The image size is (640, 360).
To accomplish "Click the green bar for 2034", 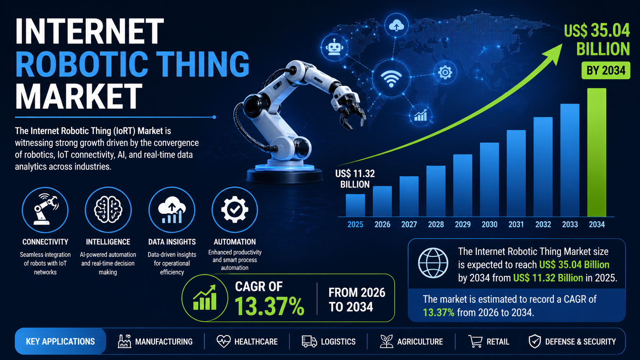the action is (597, 152).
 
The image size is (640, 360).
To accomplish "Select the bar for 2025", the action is (355, 205).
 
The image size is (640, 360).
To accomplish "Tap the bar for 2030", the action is (490, 180).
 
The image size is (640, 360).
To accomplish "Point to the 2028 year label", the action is (436, 225).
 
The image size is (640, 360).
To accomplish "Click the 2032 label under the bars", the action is (543, 225).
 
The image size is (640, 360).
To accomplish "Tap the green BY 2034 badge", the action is (606, 70).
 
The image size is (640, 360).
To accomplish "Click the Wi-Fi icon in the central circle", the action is (391, 78).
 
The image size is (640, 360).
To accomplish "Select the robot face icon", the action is (334, 47).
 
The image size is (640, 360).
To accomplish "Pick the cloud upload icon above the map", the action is (396, 25).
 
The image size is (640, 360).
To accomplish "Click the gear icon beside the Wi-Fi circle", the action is (445, 72).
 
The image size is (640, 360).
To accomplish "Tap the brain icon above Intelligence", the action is (108, 210).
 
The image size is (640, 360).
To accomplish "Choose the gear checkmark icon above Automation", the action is (235, 210).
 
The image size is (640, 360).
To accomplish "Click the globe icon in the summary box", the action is (433, 263).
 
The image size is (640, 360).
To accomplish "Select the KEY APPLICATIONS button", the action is (60, 341).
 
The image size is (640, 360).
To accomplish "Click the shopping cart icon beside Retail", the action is (475, 341).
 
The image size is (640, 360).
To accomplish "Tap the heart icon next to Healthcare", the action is (224, 341).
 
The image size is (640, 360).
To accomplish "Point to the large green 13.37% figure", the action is (269, 306).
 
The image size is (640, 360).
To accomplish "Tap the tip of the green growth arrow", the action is (562, 44).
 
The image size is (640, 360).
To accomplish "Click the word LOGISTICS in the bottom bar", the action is (338, 342).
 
